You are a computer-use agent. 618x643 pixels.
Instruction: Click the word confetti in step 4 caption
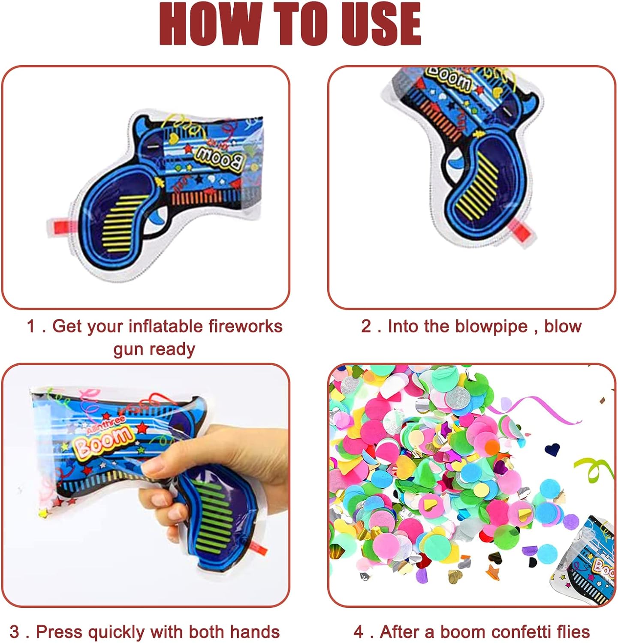pyautogui.click(x=522, y=632)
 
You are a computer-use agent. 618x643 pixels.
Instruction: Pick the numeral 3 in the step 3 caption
pyautogui.click(x=14, y=632)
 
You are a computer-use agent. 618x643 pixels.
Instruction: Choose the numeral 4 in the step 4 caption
pyautogui.click(x=359, y=632)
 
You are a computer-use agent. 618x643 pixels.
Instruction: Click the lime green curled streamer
pyautogui.click(x=594, y=469)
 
